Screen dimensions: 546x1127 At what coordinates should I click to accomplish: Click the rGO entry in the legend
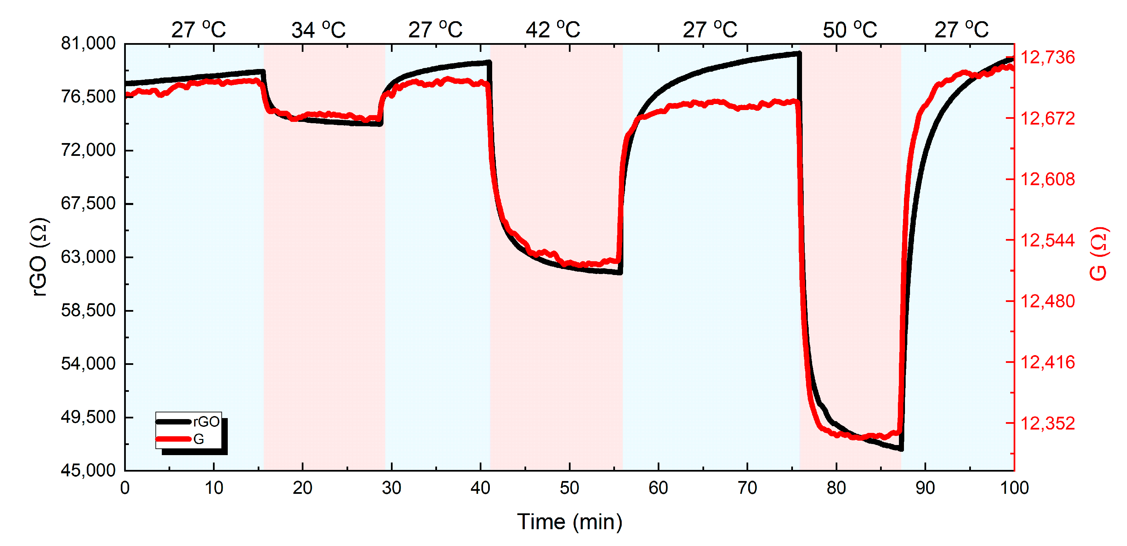click(x=206, y=422)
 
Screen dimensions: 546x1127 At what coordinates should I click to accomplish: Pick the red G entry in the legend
click(x=198, y=439)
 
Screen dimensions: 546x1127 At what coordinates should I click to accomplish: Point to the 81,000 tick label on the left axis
click(x=88, y=43)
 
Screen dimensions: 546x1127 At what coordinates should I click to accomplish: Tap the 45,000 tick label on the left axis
click(x=88, y=470)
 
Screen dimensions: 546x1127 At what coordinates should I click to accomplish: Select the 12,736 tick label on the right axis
click(x=1047, y=57)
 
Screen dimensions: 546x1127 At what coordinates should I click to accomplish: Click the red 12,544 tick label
click(x=1047, y=240)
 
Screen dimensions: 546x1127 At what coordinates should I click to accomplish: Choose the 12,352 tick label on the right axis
click(x=1047, y=423)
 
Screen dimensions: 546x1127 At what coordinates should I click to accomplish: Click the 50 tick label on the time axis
click(x=569, y=488)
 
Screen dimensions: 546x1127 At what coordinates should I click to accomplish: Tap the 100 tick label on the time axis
click(x=1014, y=488)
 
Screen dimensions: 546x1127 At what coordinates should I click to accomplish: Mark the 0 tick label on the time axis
click(x=125, y=488)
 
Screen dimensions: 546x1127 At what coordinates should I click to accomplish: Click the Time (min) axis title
click(x=569, y=522)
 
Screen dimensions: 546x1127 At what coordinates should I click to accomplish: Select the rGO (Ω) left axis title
click(x=39, y=257)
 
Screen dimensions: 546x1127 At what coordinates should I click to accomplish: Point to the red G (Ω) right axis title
click(x=1098, y=254)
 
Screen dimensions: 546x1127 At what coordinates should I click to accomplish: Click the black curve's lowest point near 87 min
click(x=901, y=449)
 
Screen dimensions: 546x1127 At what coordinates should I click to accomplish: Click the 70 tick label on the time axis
click(x=747, y=488)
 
